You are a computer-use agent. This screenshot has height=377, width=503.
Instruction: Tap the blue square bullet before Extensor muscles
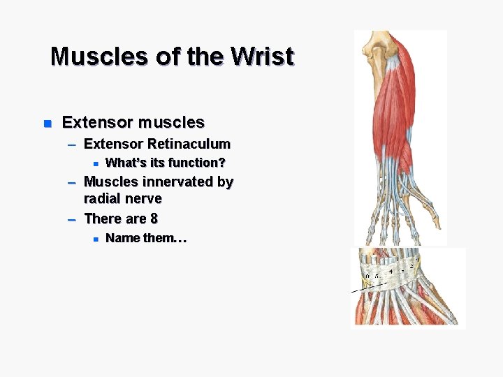[48, 124]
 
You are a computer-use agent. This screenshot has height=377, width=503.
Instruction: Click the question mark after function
[221, 163]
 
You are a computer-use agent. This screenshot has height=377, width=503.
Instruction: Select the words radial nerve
[122, 199]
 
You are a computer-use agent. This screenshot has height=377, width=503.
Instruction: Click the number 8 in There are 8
[154, 219]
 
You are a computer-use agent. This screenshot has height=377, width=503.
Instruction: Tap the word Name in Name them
[122, 238]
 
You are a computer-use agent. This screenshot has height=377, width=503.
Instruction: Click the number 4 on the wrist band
[391, 270]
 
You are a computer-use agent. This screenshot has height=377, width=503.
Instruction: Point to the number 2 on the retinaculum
[411, 267]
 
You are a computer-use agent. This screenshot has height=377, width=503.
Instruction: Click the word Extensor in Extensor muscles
[98, 123]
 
